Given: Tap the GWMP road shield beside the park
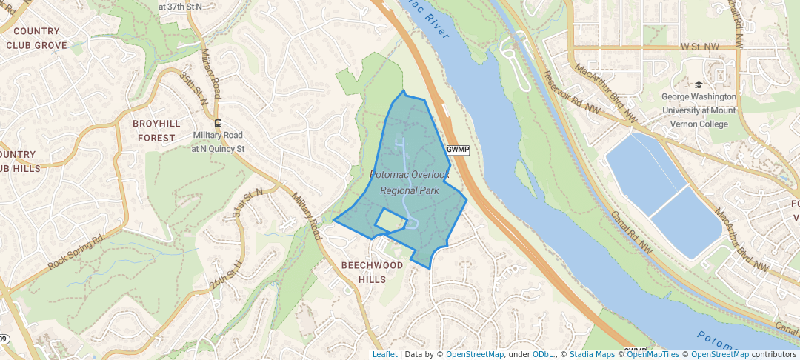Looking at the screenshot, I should coord(458,150).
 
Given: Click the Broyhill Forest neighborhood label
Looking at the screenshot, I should coord(154,130).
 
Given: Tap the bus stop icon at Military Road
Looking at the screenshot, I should coord(218,124).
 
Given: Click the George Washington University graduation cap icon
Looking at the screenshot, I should coord(699,85).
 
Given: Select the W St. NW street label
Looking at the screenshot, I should coord(699,47).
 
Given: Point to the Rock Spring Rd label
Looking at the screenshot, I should coord(76,253).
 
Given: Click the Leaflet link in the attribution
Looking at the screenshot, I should coord(384,354).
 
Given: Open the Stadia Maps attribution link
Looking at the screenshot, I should coord(592,354).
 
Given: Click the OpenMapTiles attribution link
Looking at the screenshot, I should coord(652,354).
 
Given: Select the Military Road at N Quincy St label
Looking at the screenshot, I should coord(218,141).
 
